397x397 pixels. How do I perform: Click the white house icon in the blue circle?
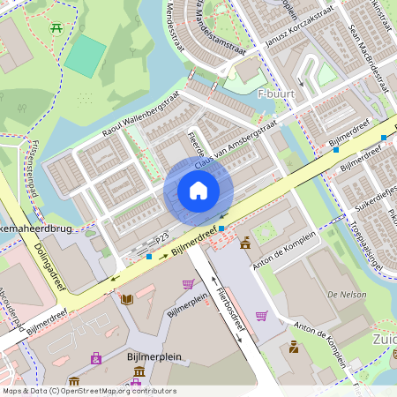point(198,191)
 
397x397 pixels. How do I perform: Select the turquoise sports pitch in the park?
point(86,56)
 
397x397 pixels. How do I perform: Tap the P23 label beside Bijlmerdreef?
point(161,238)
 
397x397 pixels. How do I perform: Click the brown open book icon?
point(126,300)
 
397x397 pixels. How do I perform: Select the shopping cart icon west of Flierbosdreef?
point(188,284)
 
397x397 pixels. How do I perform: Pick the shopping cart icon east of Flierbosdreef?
point(261,315)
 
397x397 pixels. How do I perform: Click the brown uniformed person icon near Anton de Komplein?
point(293,347)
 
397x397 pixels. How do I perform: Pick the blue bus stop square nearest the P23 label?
point(149,257)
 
